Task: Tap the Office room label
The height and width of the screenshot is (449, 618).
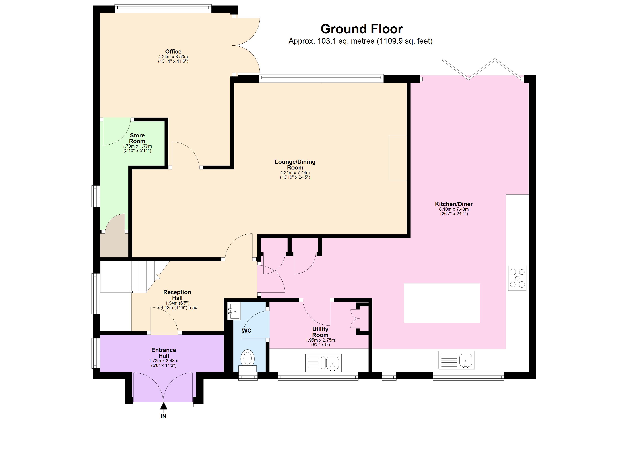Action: [x=173, y=51]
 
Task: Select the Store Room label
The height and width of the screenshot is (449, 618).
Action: [x=137, y=138]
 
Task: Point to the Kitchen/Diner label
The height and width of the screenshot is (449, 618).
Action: [x=454, y=204]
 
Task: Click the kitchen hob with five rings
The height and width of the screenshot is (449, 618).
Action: [x=517, y=278]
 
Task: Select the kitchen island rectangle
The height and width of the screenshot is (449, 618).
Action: [x=441, y=303]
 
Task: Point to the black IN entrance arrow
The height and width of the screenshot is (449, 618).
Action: [x=163, y=406]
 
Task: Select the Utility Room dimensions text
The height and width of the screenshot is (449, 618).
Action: [x=320, y=342]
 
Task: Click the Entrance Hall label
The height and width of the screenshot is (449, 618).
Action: [x=163, y=353]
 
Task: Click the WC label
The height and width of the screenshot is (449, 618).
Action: [x=247, y=331]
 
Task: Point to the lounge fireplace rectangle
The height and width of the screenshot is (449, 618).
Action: [x=398, y=157]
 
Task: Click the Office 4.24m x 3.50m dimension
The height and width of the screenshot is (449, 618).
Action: [x=173, y=57]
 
